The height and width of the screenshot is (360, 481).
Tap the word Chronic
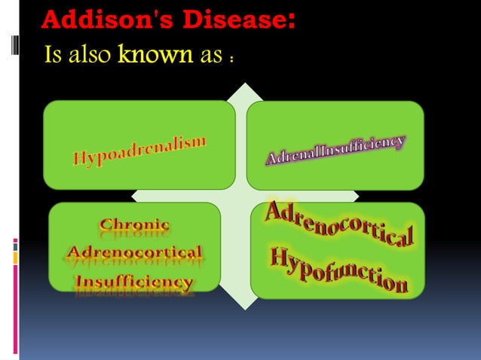(x=135, y=224)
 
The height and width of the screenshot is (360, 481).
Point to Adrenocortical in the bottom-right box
(x=339, y=224)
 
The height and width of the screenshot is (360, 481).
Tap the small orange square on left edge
(x=14, y=258)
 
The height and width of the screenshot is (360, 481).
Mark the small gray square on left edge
(x=14, y=246)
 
